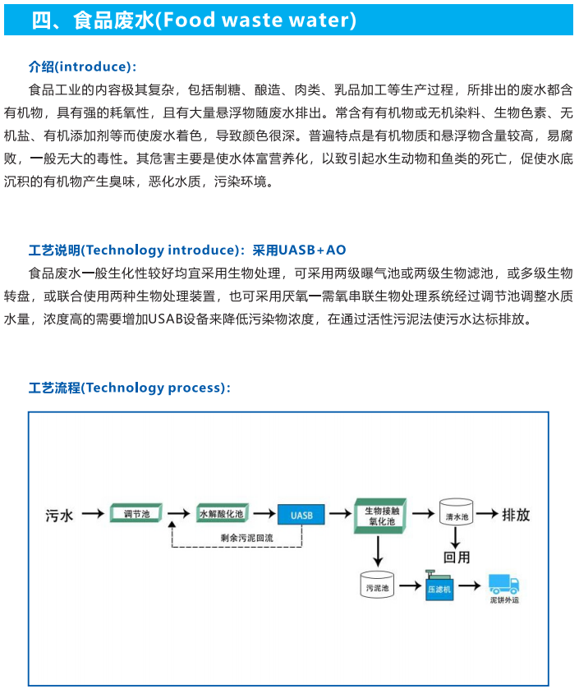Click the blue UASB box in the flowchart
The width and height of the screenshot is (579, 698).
301,515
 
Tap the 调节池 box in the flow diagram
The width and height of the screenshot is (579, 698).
136,512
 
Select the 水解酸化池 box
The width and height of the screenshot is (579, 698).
223,513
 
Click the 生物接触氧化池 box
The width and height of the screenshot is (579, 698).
380,516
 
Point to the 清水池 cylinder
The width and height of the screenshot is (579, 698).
456,512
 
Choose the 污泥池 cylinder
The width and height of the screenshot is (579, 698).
377,584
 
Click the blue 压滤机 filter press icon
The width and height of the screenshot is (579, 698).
439,585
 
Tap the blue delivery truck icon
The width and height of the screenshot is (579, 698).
503,584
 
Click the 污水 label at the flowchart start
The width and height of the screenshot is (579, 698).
59,516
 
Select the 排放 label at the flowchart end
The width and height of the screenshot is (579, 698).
517,515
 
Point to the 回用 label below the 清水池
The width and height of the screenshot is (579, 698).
457,557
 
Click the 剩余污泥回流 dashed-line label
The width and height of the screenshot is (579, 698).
247,538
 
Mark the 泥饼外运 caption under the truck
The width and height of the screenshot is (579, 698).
504,600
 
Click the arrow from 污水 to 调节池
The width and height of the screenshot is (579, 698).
93,514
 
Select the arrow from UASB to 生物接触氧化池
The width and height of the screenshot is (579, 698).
341,514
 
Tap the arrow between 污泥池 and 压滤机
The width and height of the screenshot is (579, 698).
410,585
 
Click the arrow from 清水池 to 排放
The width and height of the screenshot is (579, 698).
487,513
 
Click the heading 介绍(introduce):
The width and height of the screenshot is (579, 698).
82,67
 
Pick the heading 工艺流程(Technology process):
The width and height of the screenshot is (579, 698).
130,388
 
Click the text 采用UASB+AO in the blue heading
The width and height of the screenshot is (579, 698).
299,250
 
